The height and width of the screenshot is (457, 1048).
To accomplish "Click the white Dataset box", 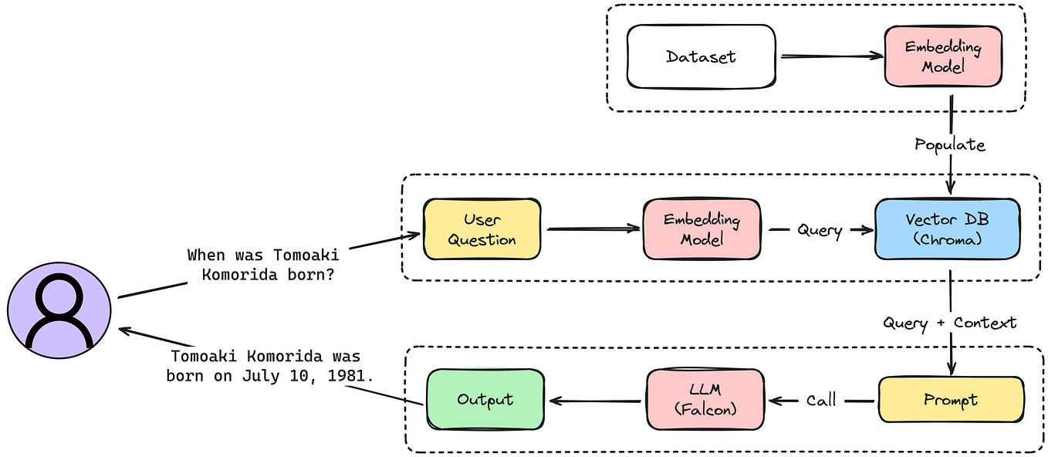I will coord(701,56).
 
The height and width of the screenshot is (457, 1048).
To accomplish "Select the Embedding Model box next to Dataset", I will coord(943,56).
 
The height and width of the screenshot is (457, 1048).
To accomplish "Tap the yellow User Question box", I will coord(482,229).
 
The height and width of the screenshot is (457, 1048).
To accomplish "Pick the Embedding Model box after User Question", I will coord(701,229).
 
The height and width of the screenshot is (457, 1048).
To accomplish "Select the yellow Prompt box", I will coord(950,400).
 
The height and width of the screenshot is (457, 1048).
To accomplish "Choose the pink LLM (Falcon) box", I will coord(705,400).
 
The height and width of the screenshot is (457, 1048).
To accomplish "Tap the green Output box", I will coord(485,400).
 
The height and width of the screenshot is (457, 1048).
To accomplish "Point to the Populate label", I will coord(949,144).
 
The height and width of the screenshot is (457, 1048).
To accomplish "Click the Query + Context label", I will coord(950,322).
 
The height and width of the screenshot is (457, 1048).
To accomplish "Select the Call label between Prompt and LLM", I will coord(821,401).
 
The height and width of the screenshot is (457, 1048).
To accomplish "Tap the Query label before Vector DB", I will coord(819,230).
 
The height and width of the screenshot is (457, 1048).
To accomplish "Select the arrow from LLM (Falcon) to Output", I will coord(594,401).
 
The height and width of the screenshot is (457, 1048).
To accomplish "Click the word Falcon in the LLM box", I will coord(706,410).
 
